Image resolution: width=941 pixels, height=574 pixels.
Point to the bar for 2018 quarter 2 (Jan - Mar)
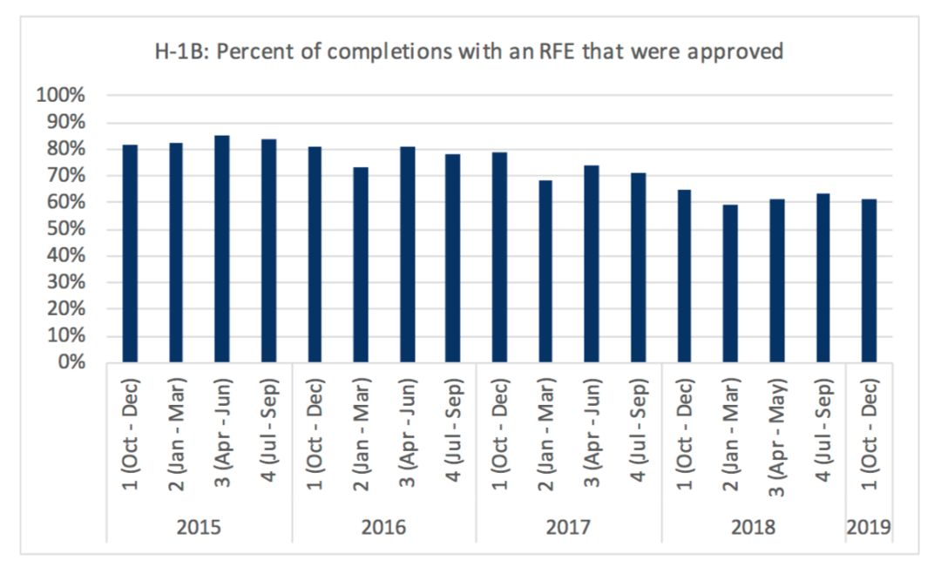tap(729, 283)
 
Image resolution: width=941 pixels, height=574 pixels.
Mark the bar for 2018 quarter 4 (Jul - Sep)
tap(822, 278)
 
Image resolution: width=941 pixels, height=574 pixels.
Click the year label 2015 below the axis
tap(200, 528)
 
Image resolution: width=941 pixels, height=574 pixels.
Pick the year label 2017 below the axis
tap(568, 528)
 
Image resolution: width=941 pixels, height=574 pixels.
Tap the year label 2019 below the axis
tap(869, 528)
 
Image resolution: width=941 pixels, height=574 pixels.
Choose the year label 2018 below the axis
tap(753, 528)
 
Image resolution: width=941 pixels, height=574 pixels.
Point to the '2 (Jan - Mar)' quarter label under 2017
tap(547, 433)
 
